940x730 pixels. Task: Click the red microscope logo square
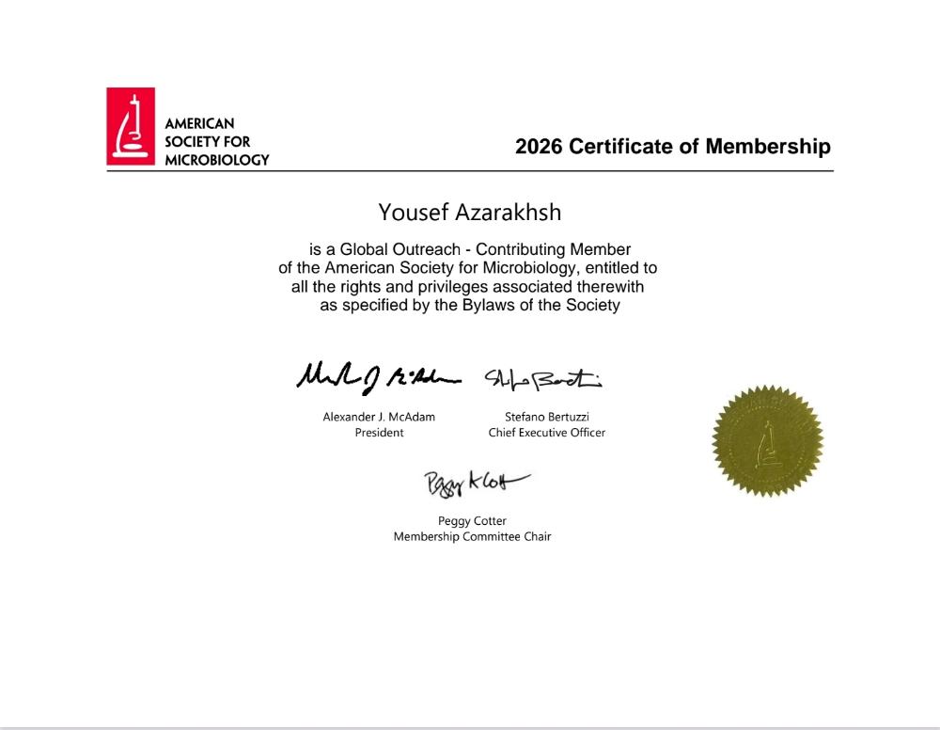(x=130, y=126)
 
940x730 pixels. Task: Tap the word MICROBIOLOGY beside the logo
(x=216, y=160)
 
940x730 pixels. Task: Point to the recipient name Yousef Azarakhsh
(x=469, y=213)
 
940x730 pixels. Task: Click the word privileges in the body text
(x=446, y=287)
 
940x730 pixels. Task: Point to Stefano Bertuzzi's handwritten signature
(x=542, y=378)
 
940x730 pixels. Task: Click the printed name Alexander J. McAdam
(x=379, y=417)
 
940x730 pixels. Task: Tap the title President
(x=379, y=433)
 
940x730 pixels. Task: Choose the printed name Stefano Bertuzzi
(x=546, y=417)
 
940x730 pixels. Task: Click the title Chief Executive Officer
(x=546, y=433)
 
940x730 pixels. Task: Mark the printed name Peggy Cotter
(x=472, y=521)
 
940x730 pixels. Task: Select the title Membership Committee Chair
(x=472, y=537)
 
